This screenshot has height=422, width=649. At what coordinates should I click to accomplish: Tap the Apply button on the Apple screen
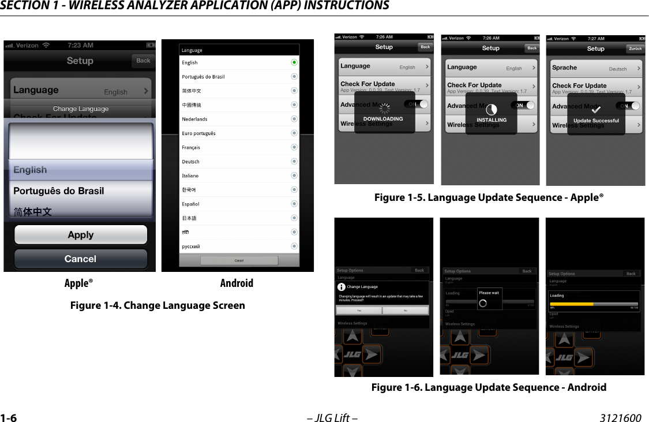point(81,235)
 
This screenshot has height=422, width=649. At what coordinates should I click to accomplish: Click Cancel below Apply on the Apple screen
point(81,259)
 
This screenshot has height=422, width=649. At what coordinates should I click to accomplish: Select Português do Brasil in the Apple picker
point(59,191)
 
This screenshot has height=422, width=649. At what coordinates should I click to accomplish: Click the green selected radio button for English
point(294,62)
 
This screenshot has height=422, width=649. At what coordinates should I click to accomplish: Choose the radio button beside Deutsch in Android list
point(294,162)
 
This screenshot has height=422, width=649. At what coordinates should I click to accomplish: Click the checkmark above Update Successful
point(596,110)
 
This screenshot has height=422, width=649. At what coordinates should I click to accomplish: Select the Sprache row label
point(564,68)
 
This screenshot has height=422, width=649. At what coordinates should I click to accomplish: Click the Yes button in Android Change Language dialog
point(359,310)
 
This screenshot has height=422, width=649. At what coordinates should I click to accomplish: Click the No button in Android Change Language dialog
point(405,310)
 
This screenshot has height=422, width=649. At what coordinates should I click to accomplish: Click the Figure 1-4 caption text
point(157,305)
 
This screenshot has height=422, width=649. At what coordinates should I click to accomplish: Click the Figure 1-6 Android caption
point(489,387)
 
